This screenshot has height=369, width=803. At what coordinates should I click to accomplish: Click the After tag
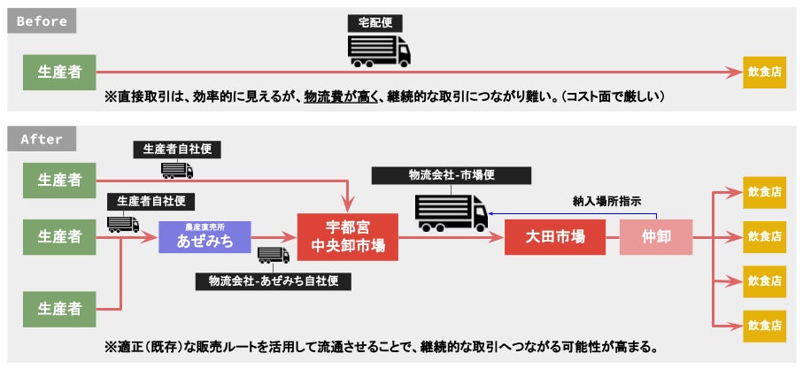coord(41,139)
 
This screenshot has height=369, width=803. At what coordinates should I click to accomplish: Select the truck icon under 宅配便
coord(380,51)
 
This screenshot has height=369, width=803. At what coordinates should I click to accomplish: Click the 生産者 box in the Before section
coord(59,72)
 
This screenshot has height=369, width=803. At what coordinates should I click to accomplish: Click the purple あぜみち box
coord(205,237)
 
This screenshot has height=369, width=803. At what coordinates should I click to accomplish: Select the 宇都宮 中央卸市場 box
coord(348,237)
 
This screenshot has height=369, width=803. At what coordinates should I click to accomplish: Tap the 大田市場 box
coord(553,237)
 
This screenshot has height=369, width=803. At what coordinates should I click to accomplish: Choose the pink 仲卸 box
coord(655,237)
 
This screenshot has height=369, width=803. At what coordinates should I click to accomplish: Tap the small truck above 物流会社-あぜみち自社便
coord(273,257)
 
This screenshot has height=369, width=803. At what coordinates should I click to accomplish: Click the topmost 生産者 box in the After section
coord(59,181)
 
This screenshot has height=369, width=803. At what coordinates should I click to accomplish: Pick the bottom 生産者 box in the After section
coord(59,309)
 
